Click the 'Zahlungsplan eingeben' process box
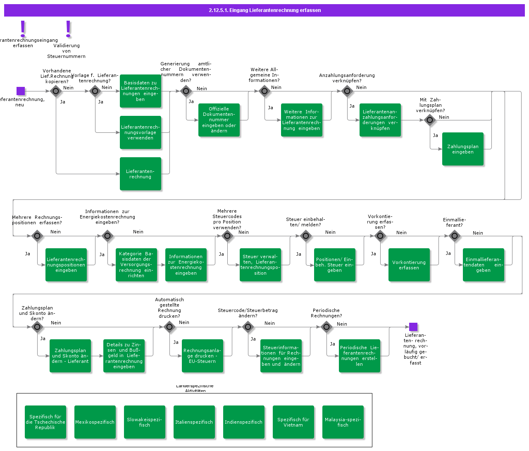[x=463, y=149]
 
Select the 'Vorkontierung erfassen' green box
[x=409, y=265]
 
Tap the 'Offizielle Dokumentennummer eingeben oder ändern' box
[x=219, y=120]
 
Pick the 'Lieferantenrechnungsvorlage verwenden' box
[x=141, y=132]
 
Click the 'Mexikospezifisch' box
[x=95, y=422]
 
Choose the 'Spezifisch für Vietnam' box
[x=293, y=422]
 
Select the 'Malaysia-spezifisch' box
[x=343, y=422]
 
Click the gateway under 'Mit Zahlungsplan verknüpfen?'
[x=430, y=120]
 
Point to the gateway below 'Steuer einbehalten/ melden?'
[x=306, y=236]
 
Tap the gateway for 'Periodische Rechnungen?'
[x=326, y=327]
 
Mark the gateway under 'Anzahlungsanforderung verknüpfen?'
[x=347, y=91]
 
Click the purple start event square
[x=21, y=91]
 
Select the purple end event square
[x=413, y=327]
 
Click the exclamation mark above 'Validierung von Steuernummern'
[x=69, y=29]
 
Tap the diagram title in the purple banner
[x=264, y=10]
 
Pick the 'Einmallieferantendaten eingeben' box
[x=484, y=265]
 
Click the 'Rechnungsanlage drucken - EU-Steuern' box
[x=203, y=356]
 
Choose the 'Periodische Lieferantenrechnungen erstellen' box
[x=360, y=356]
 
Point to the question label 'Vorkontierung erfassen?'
[x=380, y=222]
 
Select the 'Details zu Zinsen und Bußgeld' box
[x=124, y=356]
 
